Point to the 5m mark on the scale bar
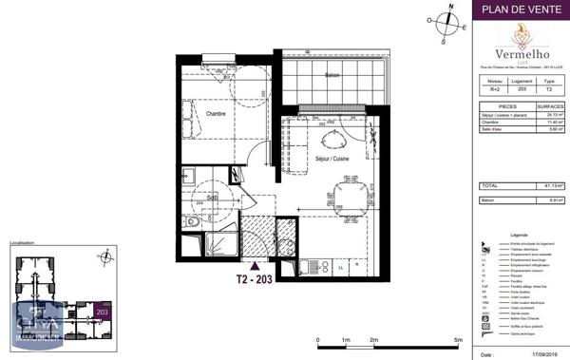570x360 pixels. tap(458, 339)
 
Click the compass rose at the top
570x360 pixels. tap(445, 24)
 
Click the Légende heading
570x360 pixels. tap(519, 234)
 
